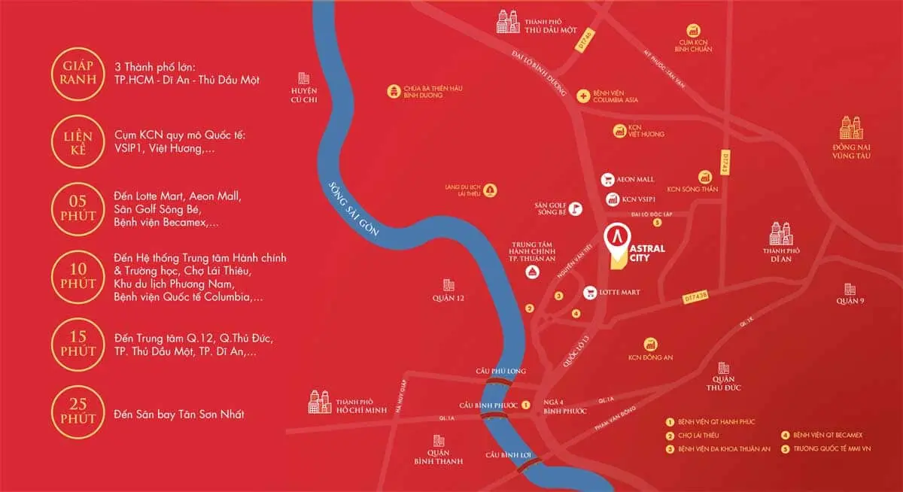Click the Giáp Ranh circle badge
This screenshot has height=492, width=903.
[x=74, y=71]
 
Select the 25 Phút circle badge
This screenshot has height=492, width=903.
[x=74, y=413]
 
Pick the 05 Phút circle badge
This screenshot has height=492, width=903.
[x=74, y=208]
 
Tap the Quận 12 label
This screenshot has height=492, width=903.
[x=449, y=299]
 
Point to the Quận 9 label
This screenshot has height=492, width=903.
[x=850, y=301]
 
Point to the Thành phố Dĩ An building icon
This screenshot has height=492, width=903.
[x=781, y=232]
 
